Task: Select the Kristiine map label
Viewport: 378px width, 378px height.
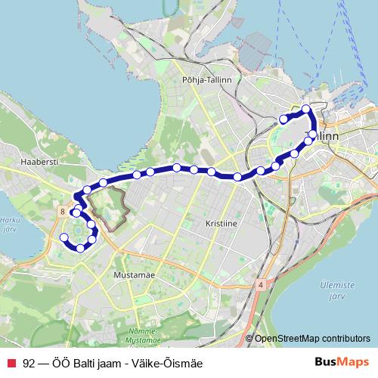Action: pos(222,225)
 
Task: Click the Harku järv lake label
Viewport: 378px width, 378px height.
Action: pos(9,227)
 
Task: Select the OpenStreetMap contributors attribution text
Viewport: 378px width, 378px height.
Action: pos(311,339)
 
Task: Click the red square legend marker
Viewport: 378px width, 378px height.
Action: pos(10,364)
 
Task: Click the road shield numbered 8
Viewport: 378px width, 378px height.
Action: pos(60,213)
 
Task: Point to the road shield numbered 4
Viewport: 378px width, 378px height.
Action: pos(259,285)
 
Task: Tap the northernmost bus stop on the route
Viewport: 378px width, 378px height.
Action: pos(306,109)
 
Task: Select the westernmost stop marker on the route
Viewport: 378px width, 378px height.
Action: pos(64,237)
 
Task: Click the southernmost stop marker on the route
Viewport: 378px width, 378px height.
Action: pos(80,248)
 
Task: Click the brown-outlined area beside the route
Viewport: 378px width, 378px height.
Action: pos(107,206)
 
